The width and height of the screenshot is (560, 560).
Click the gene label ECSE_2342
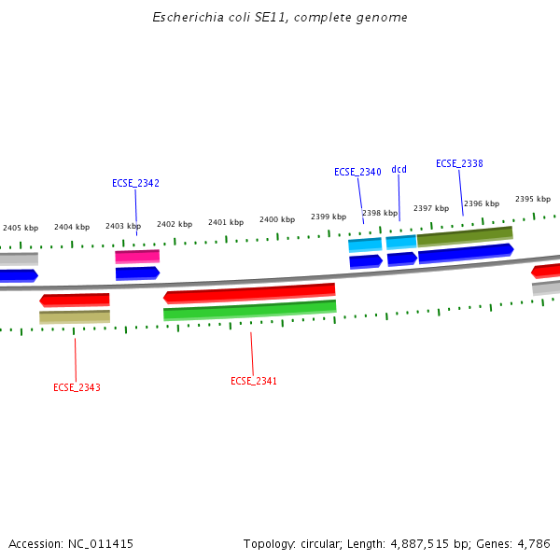(135, 183)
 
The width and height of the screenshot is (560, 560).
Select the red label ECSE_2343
(77, 387)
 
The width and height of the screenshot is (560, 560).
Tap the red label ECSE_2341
(254, 381)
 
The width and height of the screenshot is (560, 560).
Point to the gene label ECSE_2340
(357, 172)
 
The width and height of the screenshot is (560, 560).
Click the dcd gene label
(399, 169)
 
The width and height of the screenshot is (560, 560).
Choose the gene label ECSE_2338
(459, 163)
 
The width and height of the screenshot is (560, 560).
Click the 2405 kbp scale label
(21, 228)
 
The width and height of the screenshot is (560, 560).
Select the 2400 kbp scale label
(277, 219)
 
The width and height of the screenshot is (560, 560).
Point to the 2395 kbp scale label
(533, 199)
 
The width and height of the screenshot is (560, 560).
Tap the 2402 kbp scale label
(175, 224)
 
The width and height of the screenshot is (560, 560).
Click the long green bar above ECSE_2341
(249, 310)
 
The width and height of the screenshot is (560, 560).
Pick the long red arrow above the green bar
(249, 293)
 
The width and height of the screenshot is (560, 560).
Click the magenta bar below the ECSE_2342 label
(137, 256)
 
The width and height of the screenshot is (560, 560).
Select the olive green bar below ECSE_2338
(465, 236)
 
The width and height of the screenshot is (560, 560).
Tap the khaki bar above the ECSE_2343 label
(75, 317)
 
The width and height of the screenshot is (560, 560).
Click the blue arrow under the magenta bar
(137, 273)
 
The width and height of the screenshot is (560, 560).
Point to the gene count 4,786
(532, 543)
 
